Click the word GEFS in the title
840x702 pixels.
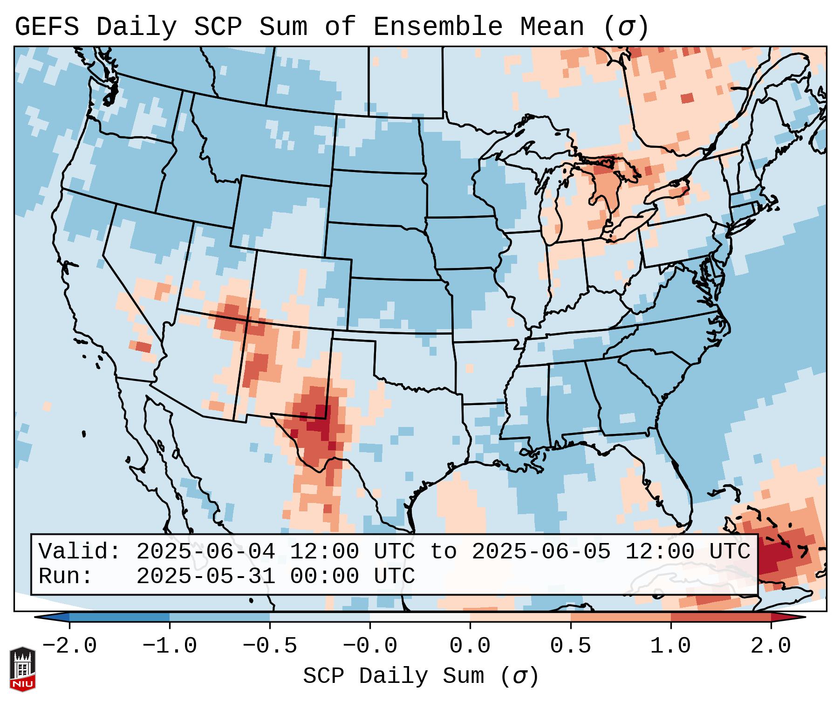click(x=47, y=27)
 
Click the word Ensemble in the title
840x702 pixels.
click(x=438, y=27)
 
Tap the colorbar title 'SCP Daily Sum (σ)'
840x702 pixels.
click(x=421, y=676)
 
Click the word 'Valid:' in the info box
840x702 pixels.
click(x=80, y=552)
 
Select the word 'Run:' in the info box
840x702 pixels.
click(x=66, y=577)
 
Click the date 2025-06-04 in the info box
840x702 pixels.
click(x=205, y=552)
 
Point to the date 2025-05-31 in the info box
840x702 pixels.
click(x=205, y=577)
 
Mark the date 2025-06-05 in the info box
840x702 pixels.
click(x=541, y=552)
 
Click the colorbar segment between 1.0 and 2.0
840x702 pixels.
click(x=721, y=617)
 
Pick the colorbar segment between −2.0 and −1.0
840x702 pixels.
click(x=119, y=617)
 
